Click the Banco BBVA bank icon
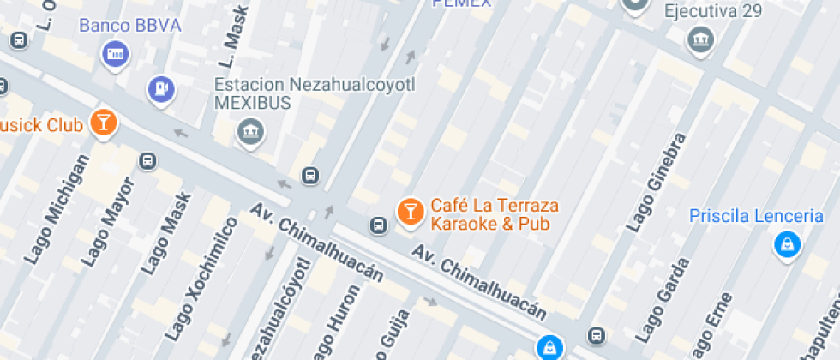[116, 55]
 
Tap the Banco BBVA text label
[130, 25]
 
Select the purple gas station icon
[160, 89]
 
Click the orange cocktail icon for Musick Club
[104, 122]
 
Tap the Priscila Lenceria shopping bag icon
[785, 245]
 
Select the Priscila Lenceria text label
[756, 216]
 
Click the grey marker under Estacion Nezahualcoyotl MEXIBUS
[250, 131]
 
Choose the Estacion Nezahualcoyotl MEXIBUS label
[314, 93]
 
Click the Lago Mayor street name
[109, 222]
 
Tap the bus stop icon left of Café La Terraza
[377, 225]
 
